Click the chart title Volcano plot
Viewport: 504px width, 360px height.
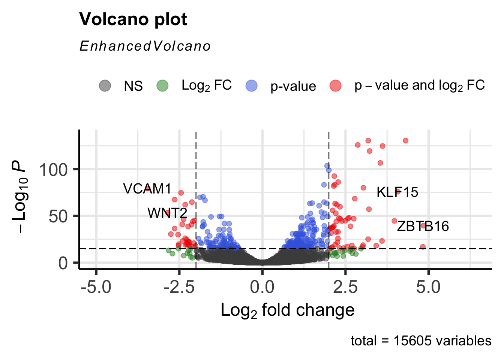133,19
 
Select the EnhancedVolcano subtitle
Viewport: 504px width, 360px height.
145,46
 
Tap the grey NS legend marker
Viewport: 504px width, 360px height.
105,85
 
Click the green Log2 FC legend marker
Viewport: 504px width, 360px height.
162,85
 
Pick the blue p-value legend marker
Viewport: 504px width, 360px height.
252,85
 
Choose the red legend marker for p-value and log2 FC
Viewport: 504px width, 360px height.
335,85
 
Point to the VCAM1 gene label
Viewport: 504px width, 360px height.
147,189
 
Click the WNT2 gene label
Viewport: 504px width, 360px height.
167,213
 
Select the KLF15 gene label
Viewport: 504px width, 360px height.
397,192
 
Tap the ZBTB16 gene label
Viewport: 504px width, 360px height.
423,226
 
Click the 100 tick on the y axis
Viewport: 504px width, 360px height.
54,170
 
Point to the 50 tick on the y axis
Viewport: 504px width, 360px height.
58,216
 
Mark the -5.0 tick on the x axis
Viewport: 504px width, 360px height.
96,287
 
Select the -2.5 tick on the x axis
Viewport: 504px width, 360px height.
179,287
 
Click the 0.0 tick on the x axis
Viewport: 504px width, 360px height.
262,287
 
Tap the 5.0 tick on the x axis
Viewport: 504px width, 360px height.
428,287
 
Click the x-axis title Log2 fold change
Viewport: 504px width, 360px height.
288,310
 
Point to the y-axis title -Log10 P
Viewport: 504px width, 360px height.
19,196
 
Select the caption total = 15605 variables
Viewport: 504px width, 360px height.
421,341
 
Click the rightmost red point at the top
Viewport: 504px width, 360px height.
405,141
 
